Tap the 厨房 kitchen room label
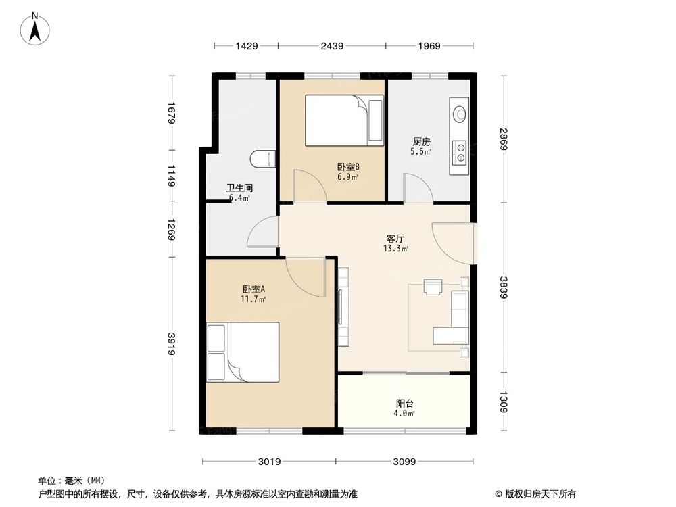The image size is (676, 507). tap(422, 142)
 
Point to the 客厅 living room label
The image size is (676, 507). tap(396, 239)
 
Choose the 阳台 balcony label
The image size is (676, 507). tap(404, 403)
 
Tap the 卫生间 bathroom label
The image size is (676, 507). tap(239, 189)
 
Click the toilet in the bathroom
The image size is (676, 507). tap(263, 160)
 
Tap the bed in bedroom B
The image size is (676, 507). tap(344, 120)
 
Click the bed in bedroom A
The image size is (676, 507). tap(244, 352)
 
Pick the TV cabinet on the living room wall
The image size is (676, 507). tap(343, 307)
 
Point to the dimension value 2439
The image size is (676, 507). tap(331, 46)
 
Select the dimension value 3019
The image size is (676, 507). tap(269, 462)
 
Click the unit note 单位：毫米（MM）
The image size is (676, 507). tap(69, 481)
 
